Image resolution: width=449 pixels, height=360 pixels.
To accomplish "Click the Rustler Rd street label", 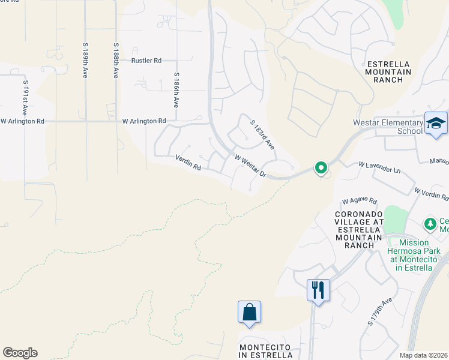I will (x=146, y=61).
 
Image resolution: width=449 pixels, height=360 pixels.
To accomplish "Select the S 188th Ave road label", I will (x=115, y=61).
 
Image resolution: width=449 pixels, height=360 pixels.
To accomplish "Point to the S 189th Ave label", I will (x=85, y=61).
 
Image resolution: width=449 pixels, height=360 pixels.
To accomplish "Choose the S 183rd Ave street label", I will (x=262, y=134).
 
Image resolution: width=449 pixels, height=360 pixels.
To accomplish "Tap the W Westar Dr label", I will (x=250, y=167).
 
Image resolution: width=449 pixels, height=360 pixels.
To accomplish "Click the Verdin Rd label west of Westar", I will (x=188, y=163).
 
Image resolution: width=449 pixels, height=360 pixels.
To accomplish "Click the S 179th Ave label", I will (x=380, y=311).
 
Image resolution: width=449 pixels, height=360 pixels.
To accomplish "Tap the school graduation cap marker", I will (x=436, y=124).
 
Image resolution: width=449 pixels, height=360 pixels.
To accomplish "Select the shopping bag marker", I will (x=249, y=312).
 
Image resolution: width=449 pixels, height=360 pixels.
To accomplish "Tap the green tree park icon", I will (x=430, y=224).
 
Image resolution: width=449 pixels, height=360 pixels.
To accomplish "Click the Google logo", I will (x=20, y=353).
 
